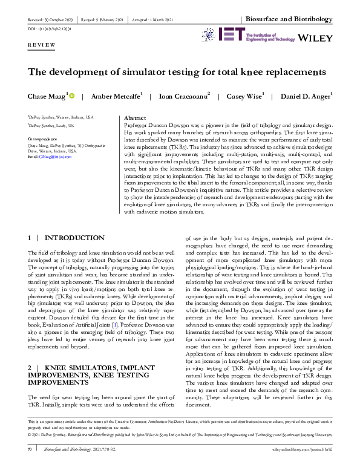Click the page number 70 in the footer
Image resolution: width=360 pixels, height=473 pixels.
tap(30, 466)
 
